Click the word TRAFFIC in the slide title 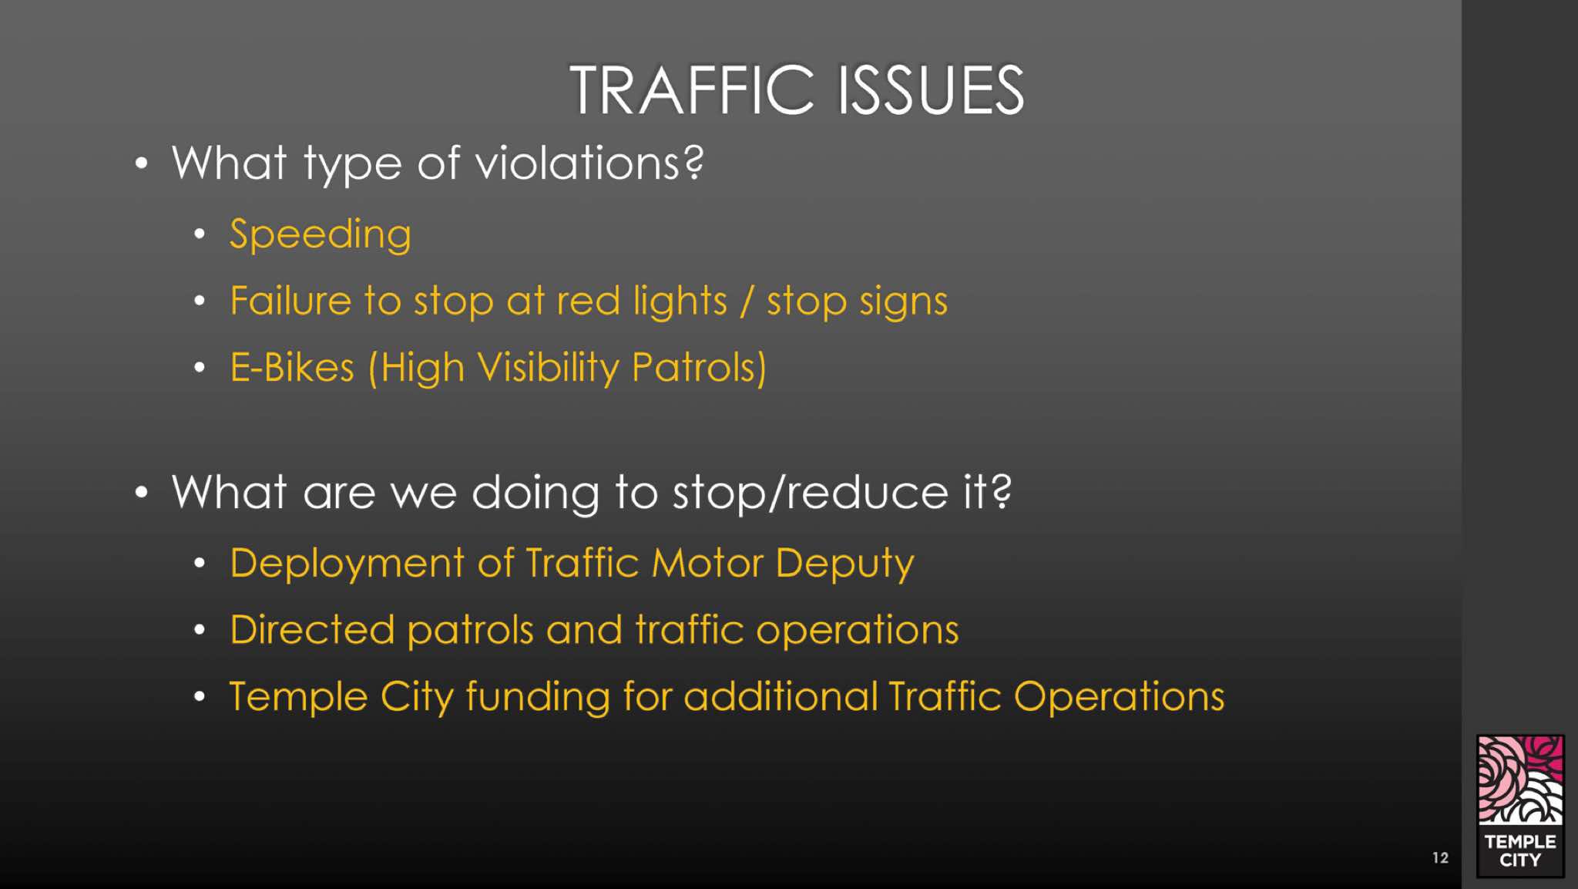(x=692, y=90)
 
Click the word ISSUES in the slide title (x=931, y=90)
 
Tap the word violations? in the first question (x=589, y=163)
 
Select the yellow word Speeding (x=321, y=234)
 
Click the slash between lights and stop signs (x=746, y=301)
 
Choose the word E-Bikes (x=292, y=367)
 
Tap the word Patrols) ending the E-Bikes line (x=699, y=368)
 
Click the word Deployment (x=347, y=564)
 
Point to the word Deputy (x=844, y=564)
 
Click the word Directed (x=312, y=629)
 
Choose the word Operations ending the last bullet (x=1119, y=697)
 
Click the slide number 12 (x=1440, y=857)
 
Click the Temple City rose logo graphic (x=1520, y=780)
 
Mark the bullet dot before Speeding (x=200, y=234)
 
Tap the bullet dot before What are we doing (x=141, y=492)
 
